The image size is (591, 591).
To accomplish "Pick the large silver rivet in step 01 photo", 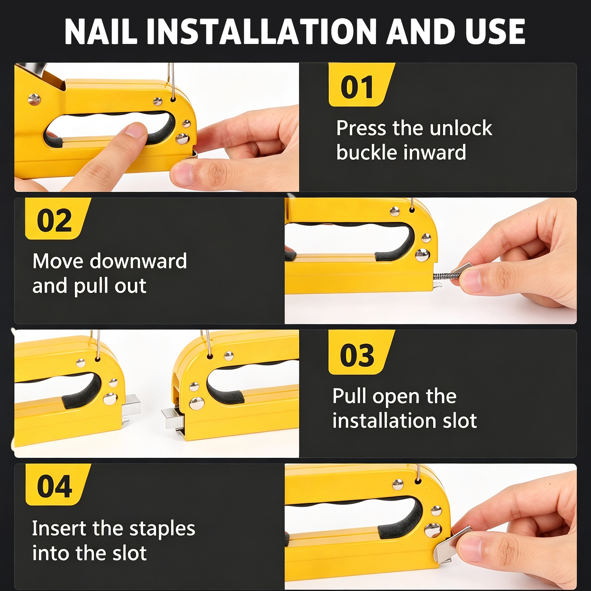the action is coord(182,139).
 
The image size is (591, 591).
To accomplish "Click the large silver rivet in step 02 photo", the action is coord(422,254).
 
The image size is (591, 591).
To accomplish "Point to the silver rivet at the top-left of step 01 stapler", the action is coord(34,99).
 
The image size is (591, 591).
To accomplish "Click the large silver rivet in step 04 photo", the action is coord(433,530).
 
